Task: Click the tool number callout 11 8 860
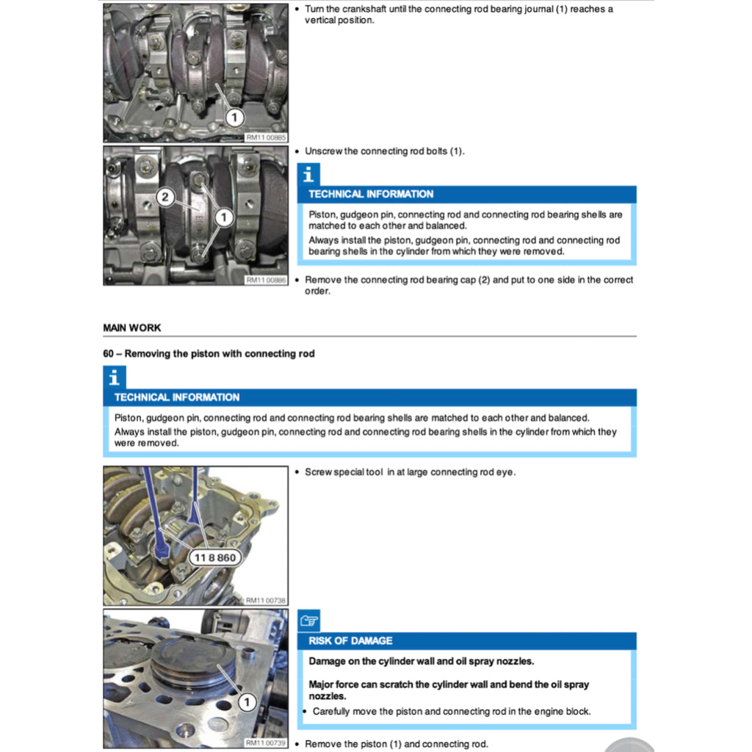pyautogui.click(x=216, y=557)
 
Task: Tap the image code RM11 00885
pyautogui.click(x=265, y=137)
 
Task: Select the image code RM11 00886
pyautogui.click(x=265, y=280)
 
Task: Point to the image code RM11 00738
pyautogui.click(x=265, y=600)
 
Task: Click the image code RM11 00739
pyautogui.click(x=265, y=743)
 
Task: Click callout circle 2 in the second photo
pyautogui.click(x=166, y=197)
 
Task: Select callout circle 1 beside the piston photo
pyautogui.click(x=247, y=703)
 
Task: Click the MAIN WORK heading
pyautogui.click(x=132, y=328)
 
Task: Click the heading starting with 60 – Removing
pyautogui.click(x=209, y=353)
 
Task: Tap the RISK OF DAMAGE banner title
pyautogui.click(x=350, y=640)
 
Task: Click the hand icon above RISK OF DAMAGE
pyautogui.click(x=308, y=621)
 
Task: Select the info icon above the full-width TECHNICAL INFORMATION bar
pyautogui.click(x=114, y=377)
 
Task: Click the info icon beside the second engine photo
pyautogui.click(x=308, y=175)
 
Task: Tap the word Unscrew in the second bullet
pyautogui.click(x=323, y=151)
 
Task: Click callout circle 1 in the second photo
pyautogui.click(x=223, y=217)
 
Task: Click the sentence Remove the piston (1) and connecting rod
pyautogui.click(x=396, y=744)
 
